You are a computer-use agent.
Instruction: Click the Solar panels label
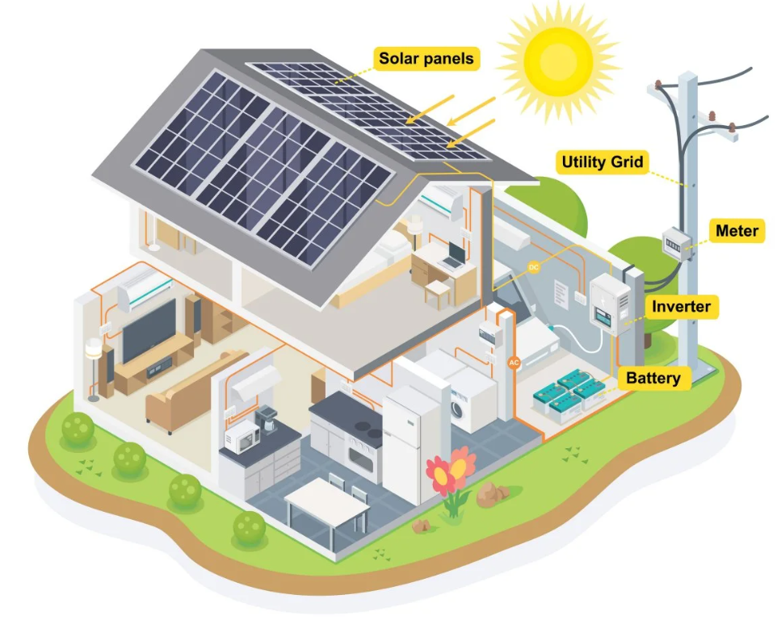click(426, 58)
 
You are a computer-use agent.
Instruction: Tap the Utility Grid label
click(602, 162)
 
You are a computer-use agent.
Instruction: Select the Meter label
click(737, 231)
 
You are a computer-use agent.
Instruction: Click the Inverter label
click(682, 307)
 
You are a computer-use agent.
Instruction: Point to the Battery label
click(653, 378)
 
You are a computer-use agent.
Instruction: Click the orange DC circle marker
click(534, 267)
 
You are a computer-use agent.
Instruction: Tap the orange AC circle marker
click(514, 362)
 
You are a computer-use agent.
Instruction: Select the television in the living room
click(149, 329)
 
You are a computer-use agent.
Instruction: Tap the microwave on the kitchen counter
click(241, 438)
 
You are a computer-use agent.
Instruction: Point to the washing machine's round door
click(457, 410)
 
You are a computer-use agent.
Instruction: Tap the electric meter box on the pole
click(677, 245)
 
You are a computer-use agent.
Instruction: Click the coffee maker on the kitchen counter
click(267, 420)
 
